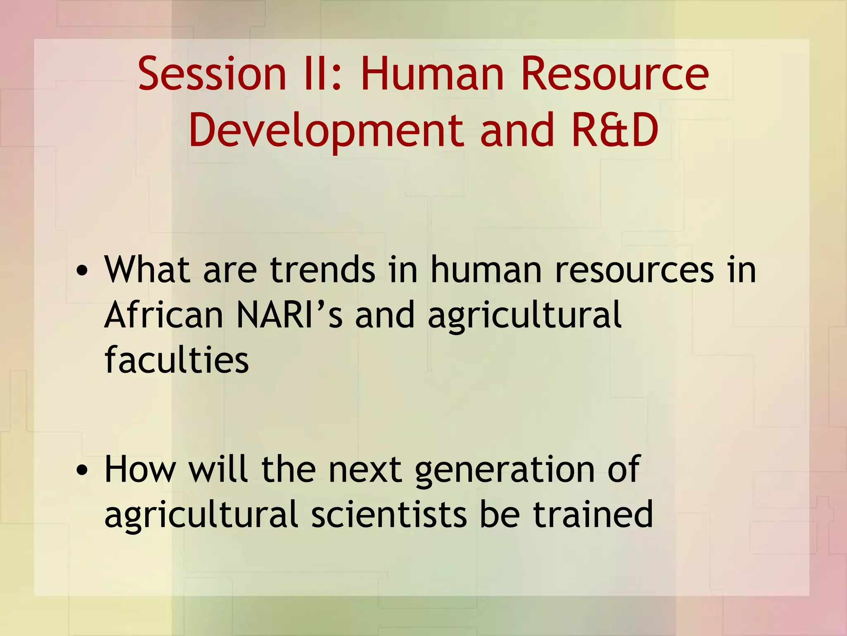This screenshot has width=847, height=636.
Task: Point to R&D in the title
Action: [615, 131]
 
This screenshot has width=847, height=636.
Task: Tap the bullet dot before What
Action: [82, 271]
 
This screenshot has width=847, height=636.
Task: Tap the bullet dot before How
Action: [82, 470]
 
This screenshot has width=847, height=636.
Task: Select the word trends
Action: [323, 270]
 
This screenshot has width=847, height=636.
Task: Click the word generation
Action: [505, 470]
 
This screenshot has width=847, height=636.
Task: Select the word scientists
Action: [389, 514]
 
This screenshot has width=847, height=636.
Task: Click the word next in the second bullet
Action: [365, 470]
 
